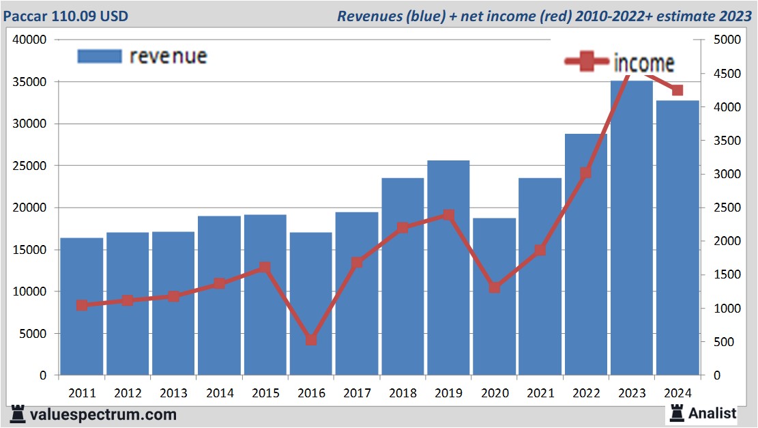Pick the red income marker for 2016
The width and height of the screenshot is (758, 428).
click(311, 339)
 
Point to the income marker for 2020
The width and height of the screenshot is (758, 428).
click(495, 287)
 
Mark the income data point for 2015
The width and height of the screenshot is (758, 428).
click(265, 268)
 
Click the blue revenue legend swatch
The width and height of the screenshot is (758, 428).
click(100, 56)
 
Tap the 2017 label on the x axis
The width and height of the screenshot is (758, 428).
click(357, 394)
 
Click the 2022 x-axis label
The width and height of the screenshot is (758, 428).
click(586, 394)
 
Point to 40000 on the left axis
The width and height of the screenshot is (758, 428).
click(29, 40)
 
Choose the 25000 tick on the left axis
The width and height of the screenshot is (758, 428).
click(29, 166)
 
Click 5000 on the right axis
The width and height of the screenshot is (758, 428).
click(726, 40)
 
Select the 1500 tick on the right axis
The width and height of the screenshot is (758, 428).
click(726, 274)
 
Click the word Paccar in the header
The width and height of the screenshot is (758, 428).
click(26, 15)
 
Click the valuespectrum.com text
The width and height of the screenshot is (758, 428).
click(102, 414)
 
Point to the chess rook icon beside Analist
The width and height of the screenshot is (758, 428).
click(677, 412)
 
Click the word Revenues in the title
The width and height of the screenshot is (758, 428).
click(368, 16)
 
